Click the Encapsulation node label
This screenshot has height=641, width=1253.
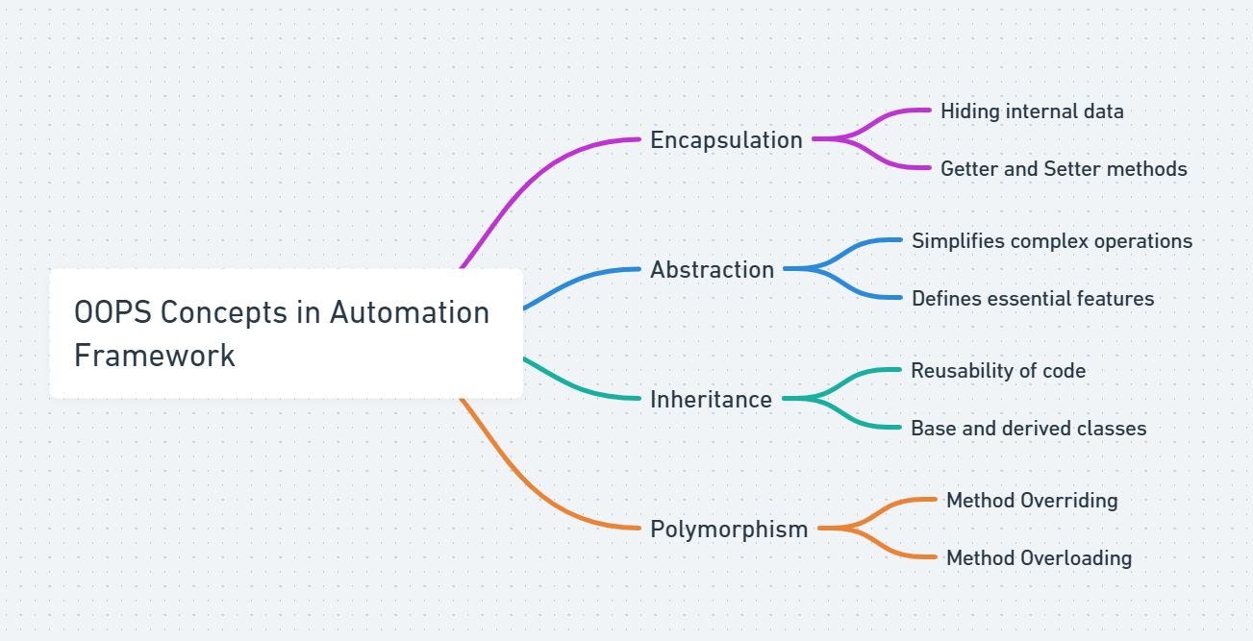(726, 140)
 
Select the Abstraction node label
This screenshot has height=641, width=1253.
(712, 270)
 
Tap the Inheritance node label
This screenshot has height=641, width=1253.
(711, 400)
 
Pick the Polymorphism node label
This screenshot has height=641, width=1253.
(729, 530)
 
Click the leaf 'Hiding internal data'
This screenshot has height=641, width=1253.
(1032, 111)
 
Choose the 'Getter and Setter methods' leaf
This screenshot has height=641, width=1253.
(1064, 169)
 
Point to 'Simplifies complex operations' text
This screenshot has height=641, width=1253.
(1052, 241)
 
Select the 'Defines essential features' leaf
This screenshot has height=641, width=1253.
(1033, 299)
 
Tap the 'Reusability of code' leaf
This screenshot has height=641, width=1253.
(998, 371)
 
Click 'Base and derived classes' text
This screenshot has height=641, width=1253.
(1029, 429)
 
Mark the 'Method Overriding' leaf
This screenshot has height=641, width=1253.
(1032, 501)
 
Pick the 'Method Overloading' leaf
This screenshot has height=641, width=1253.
(1039, 558)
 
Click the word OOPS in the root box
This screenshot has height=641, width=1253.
(113, 312)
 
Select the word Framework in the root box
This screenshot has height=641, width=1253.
(155, 356)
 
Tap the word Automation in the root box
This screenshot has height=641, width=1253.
(410, 312)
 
